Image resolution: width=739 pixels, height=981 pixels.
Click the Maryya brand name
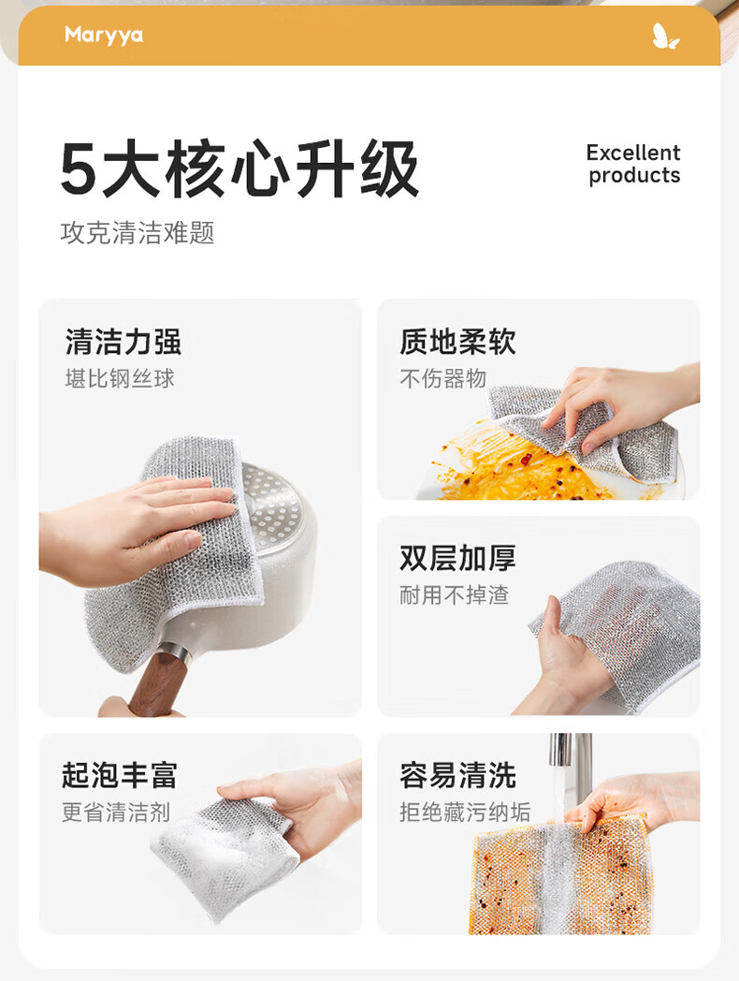point(104,35)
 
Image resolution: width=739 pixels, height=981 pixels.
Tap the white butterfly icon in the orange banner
point(665,37)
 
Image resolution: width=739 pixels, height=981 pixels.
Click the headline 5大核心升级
point(239,168)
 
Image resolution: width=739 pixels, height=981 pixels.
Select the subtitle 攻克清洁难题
point(138,233)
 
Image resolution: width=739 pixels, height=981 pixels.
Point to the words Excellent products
point(633,164)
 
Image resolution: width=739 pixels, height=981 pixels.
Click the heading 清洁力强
point(123,342)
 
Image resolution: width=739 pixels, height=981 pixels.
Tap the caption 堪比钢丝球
point(120,378)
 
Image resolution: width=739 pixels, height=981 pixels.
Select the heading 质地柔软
point(458,342)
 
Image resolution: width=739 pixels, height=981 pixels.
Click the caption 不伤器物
point(443,378)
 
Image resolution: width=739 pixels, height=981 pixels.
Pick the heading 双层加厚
point(458,558)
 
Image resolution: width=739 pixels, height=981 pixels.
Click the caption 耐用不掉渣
point(455,595)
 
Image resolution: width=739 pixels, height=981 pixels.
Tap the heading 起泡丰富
point(120,775)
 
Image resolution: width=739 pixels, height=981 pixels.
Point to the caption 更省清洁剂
point(116,813)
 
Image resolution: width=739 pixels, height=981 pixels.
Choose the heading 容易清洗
point(458,775)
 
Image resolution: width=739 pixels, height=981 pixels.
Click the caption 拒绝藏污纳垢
point(465,813)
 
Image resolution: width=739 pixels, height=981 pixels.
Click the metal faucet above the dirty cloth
point(571,769)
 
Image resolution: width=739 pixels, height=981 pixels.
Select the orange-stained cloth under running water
point(559,876)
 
